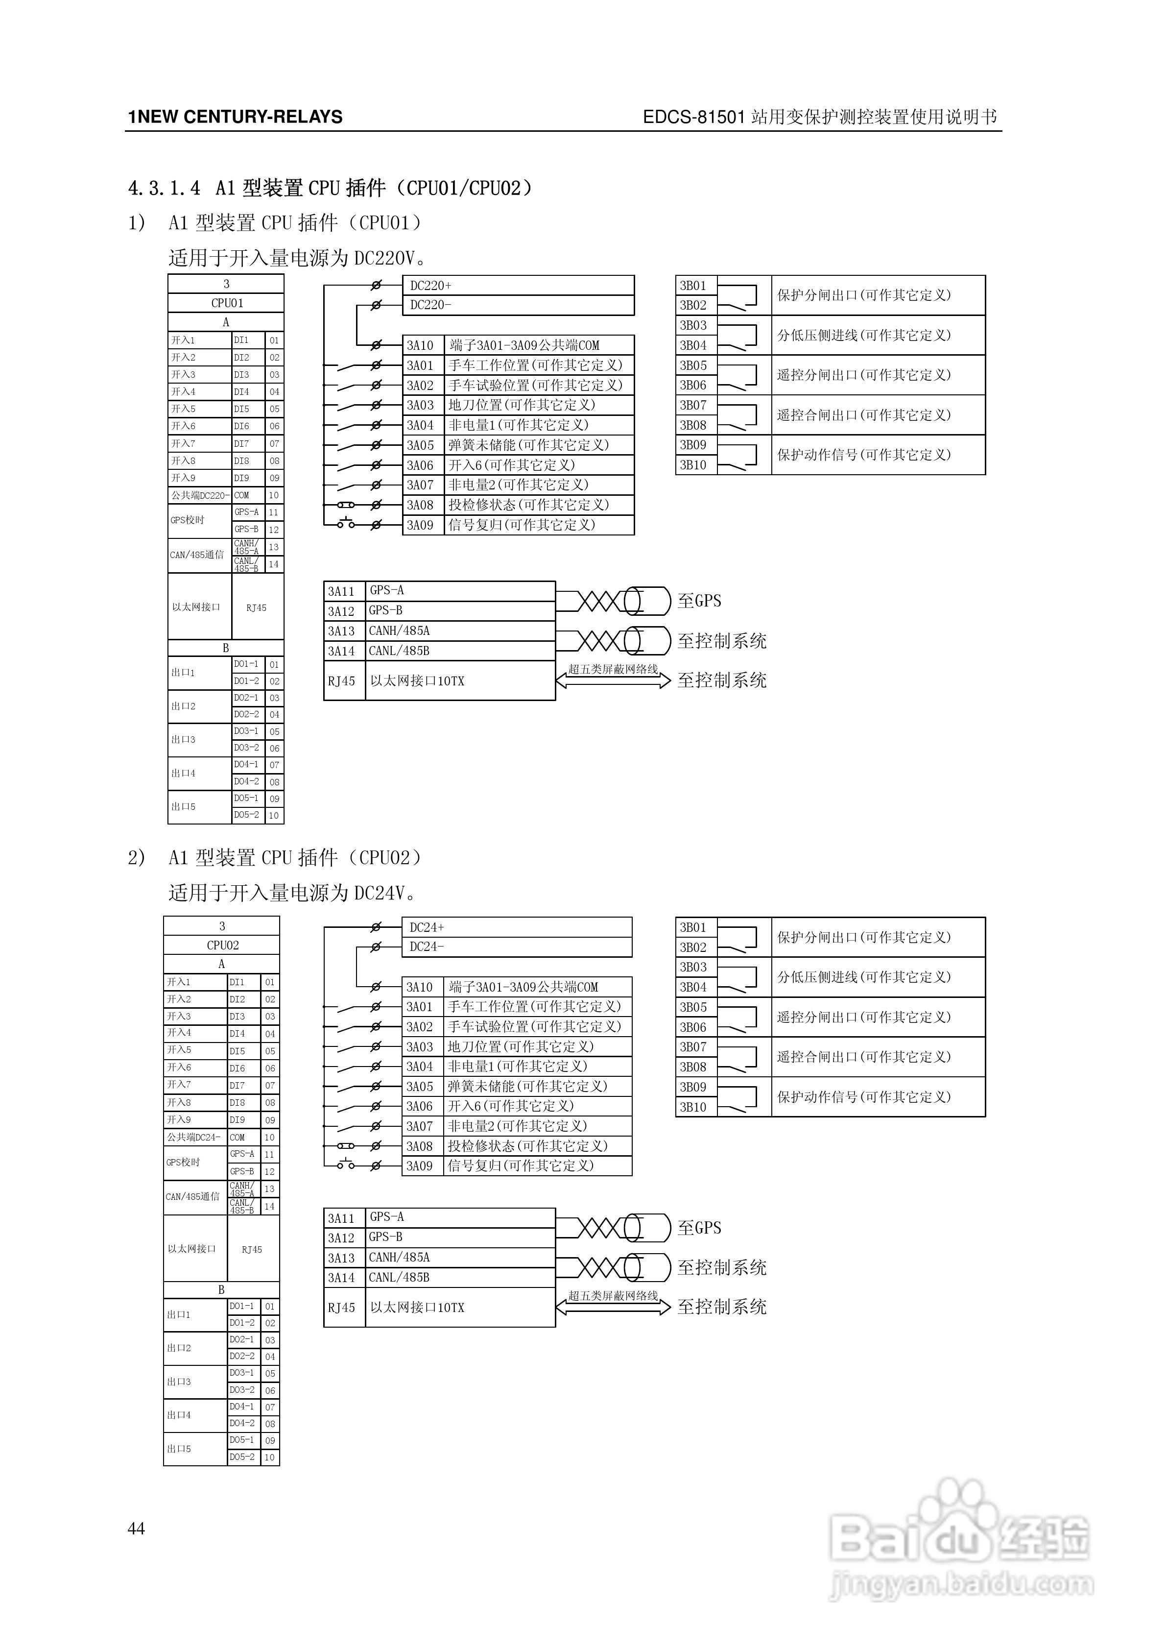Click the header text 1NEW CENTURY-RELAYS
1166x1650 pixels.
[x=235, y=117]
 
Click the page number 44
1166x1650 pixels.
[x=137, y=1529]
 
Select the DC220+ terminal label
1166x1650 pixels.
[x=430, y=285]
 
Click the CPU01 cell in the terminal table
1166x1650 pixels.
[x=226, y=303]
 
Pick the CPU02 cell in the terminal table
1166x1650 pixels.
[x=222, y=945]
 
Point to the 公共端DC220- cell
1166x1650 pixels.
[x=200, y=495]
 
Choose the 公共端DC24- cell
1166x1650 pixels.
[x=195, y=1137]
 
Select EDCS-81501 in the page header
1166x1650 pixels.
[x=694, y=117]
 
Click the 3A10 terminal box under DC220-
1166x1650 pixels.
[x=420, y=345]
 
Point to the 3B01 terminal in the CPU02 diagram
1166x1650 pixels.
[x=693, y=927]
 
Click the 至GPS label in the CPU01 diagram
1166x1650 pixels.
[x=699, y=601]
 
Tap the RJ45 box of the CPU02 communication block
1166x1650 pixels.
[x=342, y=1307]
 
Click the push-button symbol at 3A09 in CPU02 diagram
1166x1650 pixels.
[x=346, y=1165]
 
